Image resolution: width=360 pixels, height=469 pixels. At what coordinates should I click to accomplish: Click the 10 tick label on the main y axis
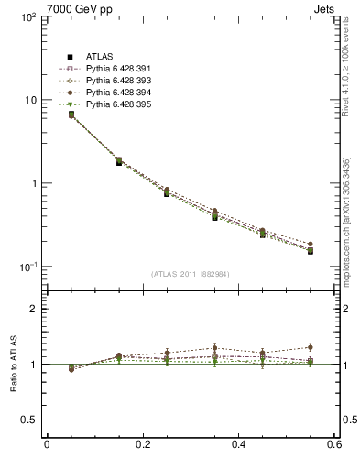tap(30, 100)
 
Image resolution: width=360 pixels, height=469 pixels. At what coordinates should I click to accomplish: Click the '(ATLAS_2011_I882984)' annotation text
tap(191, 274)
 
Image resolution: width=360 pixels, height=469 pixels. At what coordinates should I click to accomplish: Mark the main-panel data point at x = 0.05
tap(71, 115)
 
